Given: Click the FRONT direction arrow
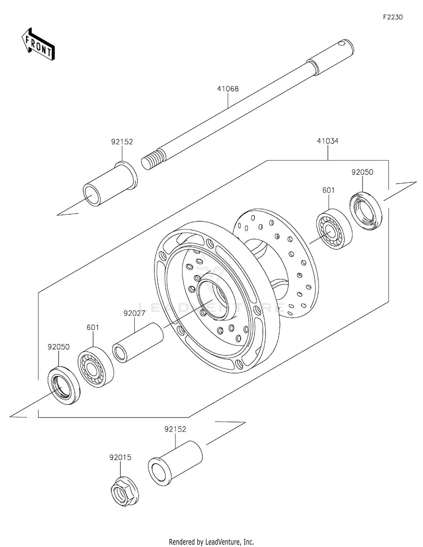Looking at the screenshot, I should coord(38,45).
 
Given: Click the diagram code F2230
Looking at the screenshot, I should coord(393,17).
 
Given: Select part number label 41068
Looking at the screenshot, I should coord(228,89).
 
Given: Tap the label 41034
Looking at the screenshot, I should coord(328,141).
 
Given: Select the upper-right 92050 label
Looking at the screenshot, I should coord(362,172).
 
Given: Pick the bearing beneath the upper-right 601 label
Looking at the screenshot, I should coord(334,229).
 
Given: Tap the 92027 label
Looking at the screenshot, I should coord(134,313).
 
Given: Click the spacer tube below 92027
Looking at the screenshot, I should coord(138,342).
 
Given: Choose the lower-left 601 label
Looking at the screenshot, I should coord(93,327).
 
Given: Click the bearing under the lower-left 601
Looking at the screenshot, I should coord(96,367).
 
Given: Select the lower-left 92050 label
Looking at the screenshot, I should coord(58,347).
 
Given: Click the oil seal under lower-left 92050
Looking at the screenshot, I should coord(63,385).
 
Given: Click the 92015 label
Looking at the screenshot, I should coord(120,457).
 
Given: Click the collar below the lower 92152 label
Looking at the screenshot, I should coord(175,463).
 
